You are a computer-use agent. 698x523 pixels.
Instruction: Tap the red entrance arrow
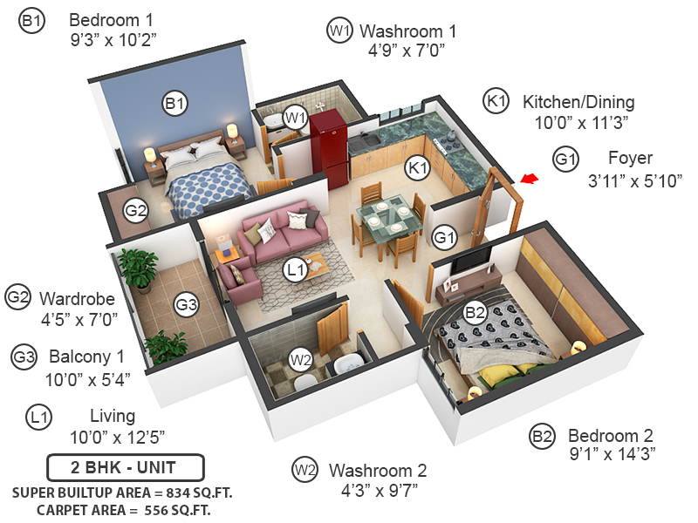(x=528, y=179)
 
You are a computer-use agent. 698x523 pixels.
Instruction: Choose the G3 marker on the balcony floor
(x=186, y=304)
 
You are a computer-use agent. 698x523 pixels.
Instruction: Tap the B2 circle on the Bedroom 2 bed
(x=475, y=311)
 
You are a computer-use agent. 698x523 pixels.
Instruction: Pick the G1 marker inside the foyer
(x=445, y=236)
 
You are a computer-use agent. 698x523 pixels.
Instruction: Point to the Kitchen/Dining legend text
(x=578, y=102)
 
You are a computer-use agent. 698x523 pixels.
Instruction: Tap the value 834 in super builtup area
(x=166, y=492)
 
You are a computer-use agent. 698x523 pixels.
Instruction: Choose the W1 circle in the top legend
(x=339, y=31)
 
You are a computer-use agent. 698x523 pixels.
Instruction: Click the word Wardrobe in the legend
(x=79, y=298)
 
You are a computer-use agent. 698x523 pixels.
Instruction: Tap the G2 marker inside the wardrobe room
(x=135, y=210)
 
